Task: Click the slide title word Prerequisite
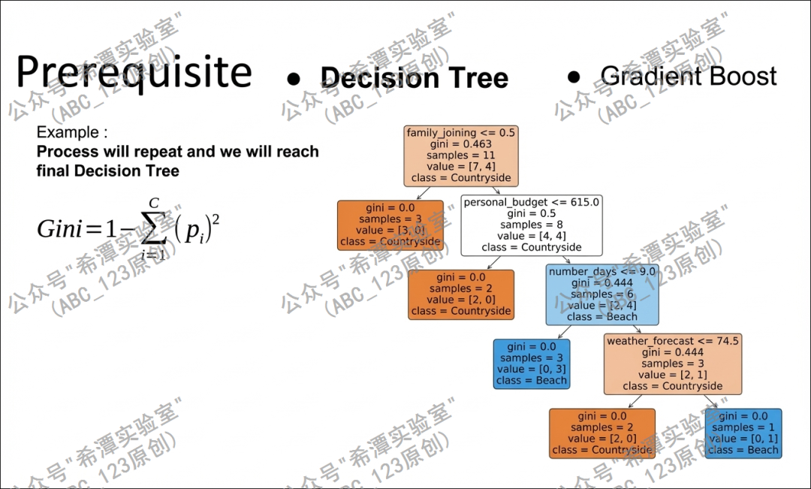click(134, 73)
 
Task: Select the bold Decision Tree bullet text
click(414, 78)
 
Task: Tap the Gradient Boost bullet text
click(689, 76)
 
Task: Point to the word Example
click(68, 133)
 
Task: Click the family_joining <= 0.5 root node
click(461, 155)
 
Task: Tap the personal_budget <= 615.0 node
click(532, 225)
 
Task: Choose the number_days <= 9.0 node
click(602, 294)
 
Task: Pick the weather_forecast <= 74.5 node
click(673, 364)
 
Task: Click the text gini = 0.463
click(461, 144)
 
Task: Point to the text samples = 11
click(461, 155)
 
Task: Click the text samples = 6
click(602, 294)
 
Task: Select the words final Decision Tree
click(107, 171)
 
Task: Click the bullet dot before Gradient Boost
click(574, 77)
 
